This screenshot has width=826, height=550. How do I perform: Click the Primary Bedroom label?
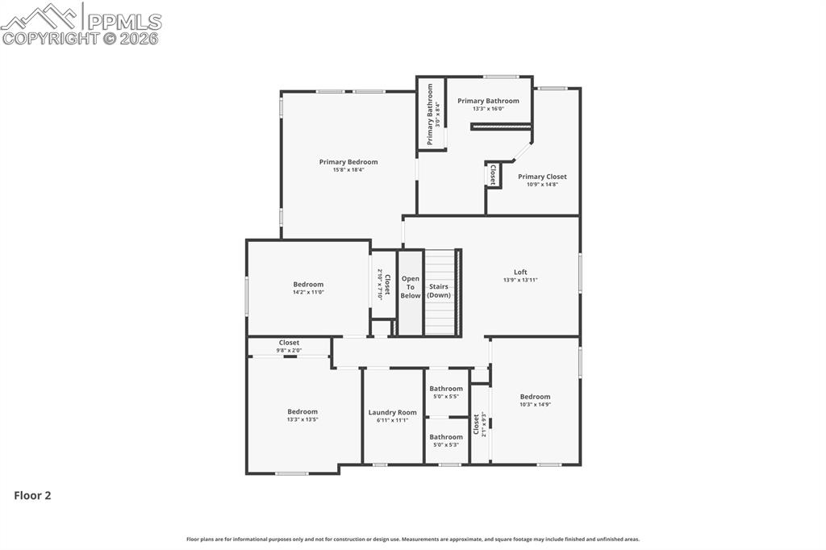coord(348,162)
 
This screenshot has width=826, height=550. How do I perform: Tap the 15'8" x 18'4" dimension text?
coord(348,170)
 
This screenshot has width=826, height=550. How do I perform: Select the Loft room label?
coord(520,272)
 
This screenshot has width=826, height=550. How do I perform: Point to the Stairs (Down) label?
coord(439,290)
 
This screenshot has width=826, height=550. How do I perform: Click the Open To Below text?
coord(411,287)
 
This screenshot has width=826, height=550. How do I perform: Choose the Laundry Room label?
coord(392,412)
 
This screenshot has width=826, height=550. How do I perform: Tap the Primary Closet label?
coord(542,177)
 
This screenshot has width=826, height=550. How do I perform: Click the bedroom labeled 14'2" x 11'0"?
coord(308,284)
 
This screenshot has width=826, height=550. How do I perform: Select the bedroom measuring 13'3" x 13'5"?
coord(302,411)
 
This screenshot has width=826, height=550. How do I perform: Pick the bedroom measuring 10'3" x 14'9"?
coord(535,397)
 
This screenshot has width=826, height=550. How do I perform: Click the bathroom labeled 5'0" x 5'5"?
coord(446,389)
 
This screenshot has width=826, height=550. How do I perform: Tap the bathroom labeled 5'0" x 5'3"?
coord(446,437)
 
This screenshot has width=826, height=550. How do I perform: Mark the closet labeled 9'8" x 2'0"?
coord(289,343)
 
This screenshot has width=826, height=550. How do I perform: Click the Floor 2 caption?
coord(32,496)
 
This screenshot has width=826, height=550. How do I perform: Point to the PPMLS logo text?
coord(123,21)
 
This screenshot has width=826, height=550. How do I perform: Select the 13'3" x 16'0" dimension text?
coord(488,109)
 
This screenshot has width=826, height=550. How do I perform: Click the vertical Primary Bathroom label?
coord(431,115)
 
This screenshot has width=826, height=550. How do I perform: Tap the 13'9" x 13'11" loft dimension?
coord(520,280)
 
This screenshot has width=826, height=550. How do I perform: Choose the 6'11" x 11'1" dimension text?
coord(392,420)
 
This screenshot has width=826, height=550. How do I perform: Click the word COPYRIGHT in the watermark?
coord(50,38)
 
